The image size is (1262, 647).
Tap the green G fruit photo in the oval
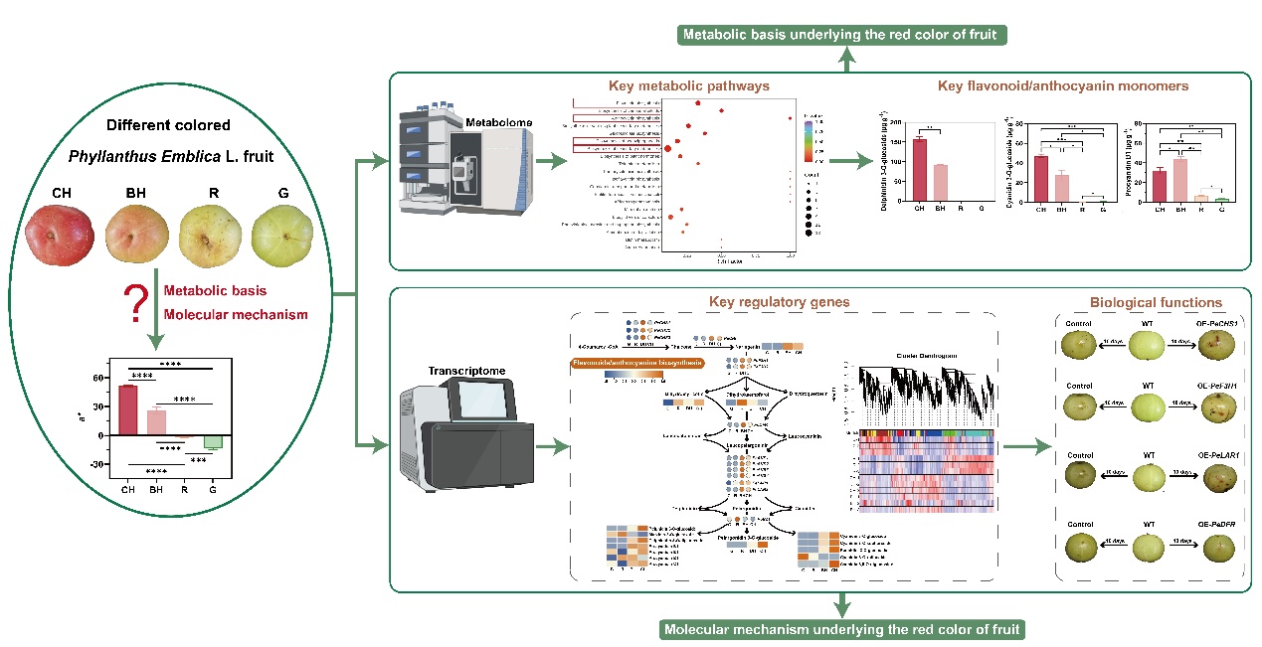[x=282, y=237]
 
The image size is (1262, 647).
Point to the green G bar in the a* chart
[x=212, y=442]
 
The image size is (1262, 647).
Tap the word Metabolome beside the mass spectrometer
[x=497, y=123]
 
